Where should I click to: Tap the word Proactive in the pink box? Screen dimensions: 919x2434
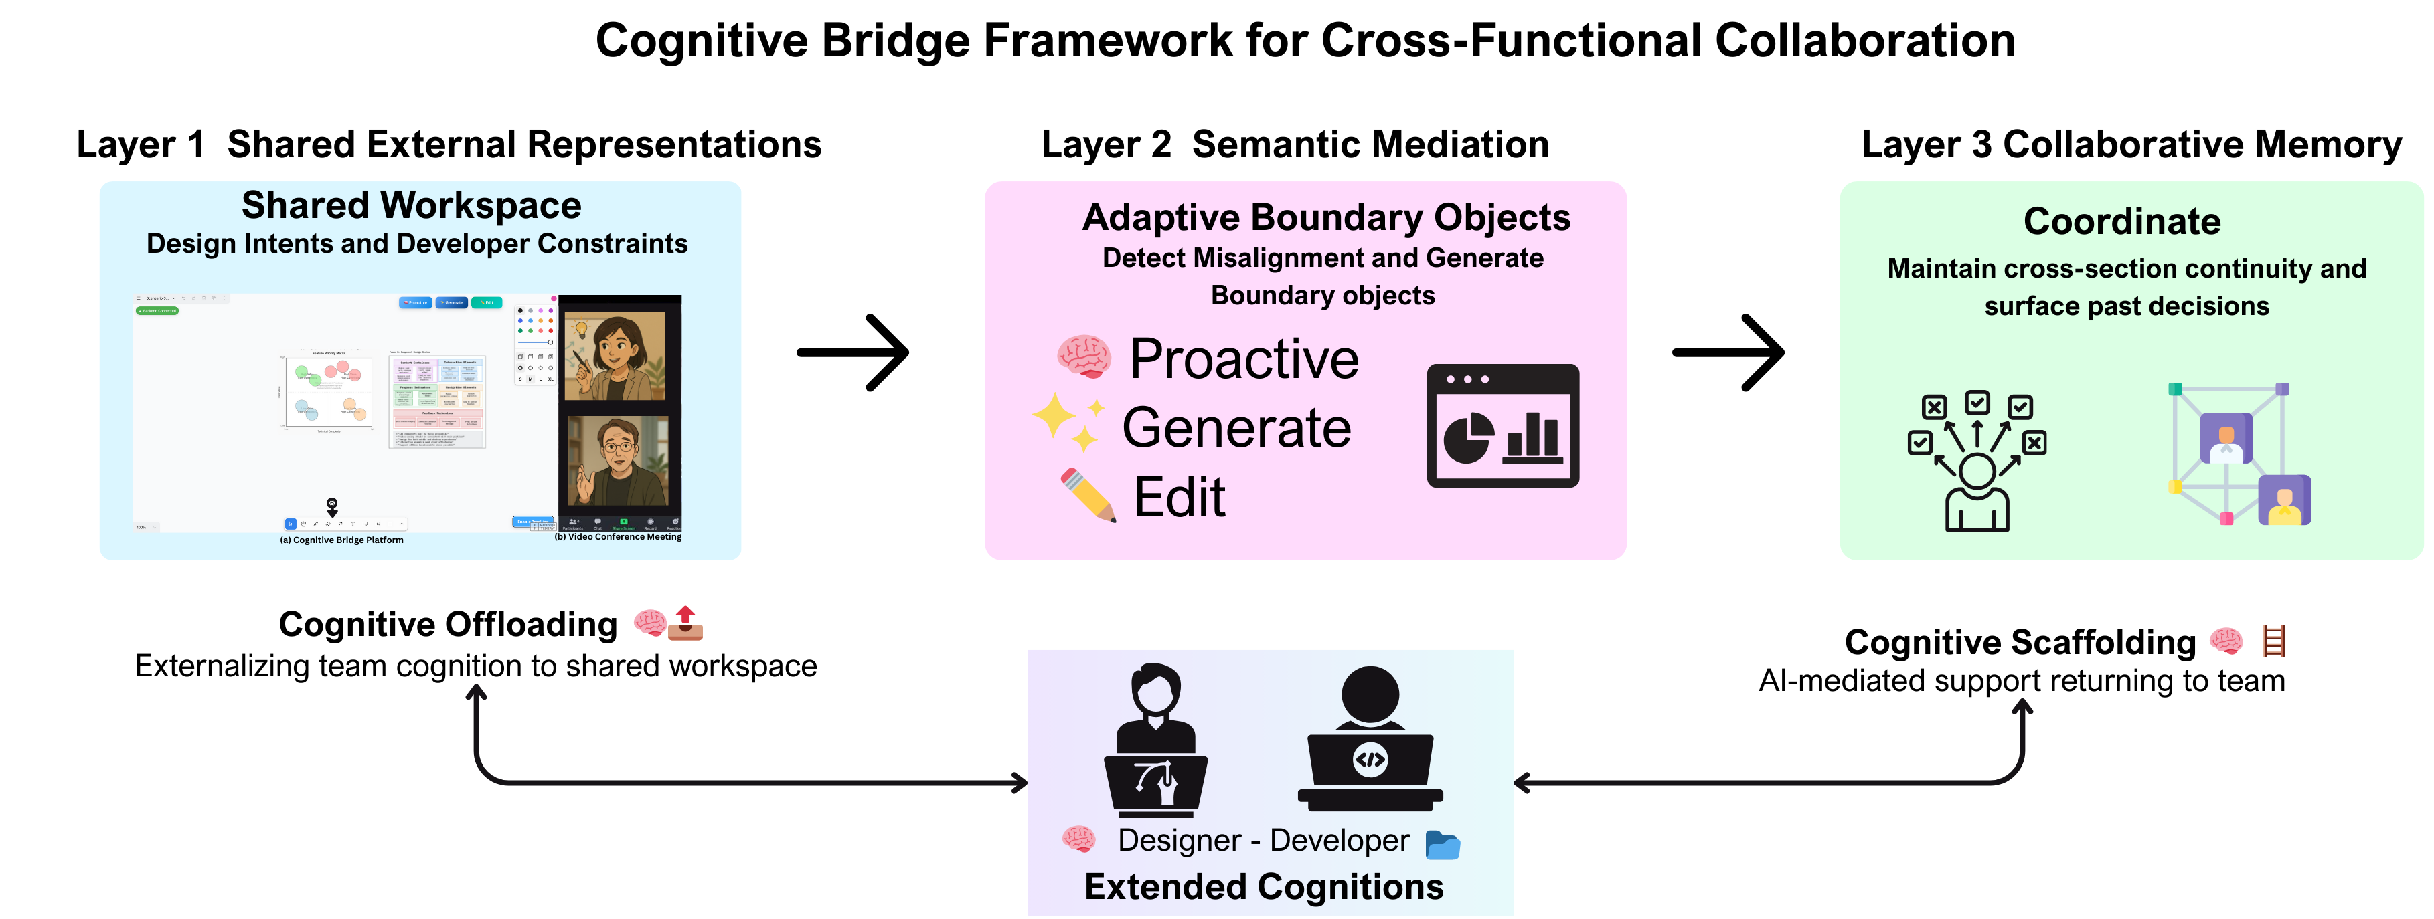click(x=1244, y=359)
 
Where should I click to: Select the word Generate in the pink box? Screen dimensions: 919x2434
click(x=1236, y=428)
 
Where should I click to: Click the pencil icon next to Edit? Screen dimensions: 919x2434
click(x=1088, y=493)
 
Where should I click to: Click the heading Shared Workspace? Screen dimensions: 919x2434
click(x=411, y=205)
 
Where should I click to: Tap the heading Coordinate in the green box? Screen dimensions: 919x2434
click(x=2121, y=221)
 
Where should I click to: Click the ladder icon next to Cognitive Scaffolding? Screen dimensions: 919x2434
click(x=2273, y=641)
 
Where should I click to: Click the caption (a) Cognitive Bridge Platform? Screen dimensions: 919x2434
click(x=341, y=540)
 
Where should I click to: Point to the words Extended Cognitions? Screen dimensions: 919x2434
click(x=1263, y=886)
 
